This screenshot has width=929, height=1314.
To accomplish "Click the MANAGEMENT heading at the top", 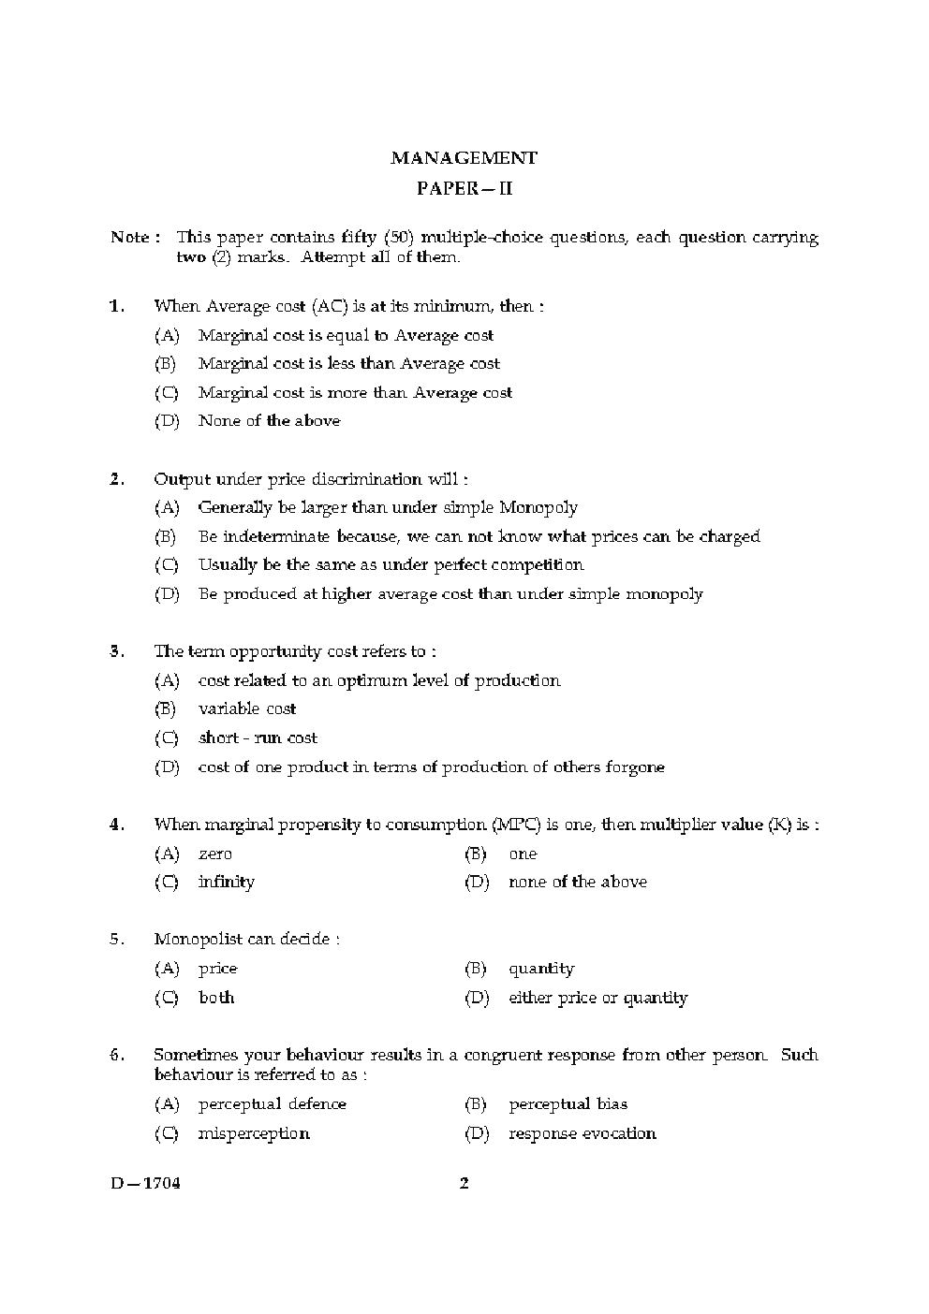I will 464,158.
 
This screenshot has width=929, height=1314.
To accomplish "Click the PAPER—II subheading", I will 464,189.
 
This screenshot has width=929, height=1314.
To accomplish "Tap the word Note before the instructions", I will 130,237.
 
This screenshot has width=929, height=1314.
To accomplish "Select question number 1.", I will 117,306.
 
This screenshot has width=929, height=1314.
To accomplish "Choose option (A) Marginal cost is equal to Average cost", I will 345,335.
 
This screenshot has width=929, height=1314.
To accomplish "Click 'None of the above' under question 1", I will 269,421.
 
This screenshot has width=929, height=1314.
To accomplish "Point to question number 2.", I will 117,479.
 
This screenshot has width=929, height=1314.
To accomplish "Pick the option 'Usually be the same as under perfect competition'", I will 391,565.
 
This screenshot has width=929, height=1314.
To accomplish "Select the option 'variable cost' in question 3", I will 247,709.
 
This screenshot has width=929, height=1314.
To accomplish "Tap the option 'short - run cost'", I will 258,738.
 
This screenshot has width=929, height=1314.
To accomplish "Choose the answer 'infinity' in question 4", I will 226,882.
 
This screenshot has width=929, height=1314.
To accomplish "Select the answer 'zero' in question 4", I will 214,854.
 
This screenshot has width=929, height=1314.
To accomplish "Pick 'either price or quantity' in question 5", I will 597,998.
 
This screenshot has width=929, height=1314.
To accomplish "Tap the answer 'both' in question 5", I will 216,998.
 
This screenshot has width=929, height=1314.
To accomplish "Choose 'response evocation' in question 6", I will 582,1133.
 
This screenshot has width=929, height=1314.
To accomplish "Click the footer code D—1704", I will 145,1183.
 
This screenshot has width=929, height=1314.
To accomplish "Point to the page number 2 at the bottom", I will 464,1183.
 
